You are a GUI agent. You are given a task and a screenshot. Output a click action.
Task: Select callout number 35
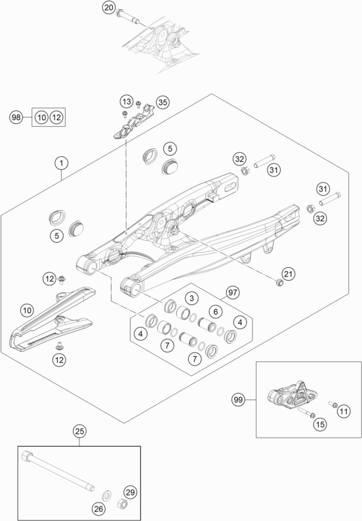[x=162, y=102]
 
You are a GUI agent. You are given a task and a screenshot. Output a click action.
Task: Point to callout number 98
[x=16, y=117]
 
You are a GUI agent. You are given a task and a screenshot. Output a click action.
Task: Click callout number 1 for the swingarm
[x=60, y=161]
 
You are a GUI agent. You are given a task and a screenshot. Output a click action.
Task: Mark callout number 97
[x=231, y=291]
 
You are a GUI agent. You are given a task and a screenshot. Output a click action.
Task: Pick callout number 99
[x=239, y=398]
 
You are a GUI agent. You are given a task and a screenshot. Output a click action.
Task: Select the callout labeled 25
[x=79, y=431]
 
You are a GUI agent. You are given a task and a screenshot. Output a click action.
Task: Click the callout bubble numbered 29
[x=130, y=491]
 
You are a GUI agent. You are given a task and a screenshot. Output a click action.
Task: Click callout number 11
[x=344, y=411]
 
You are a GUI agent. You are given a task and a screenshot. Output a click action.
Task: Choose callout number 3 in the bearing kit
[x=191, y=299]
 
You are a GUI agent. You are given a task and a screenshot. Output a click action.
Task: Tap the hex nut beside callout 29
[x=121, y=504]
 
